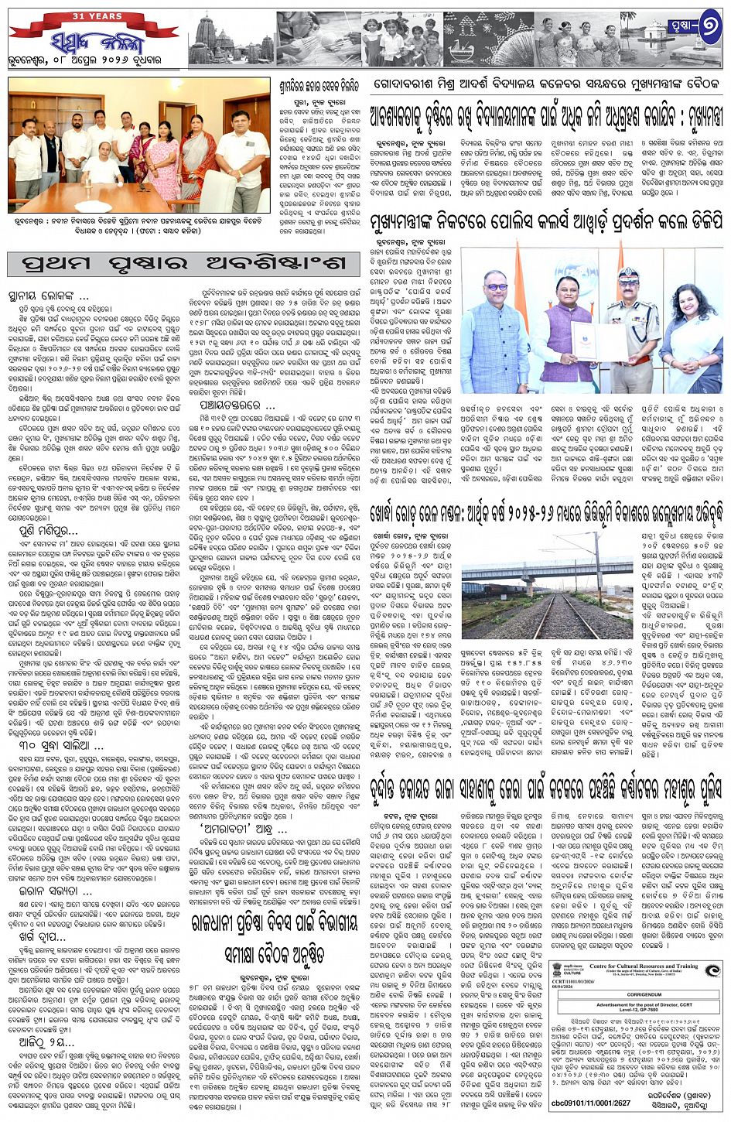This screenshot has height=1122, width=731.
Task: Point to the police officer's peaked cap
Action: click(627, 275)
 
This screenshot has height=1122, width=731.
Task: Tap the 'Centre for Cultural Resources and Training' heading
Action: click(643, 966)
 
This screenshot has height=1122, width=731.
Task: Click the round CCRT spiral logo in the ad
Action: click(713, 972)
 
